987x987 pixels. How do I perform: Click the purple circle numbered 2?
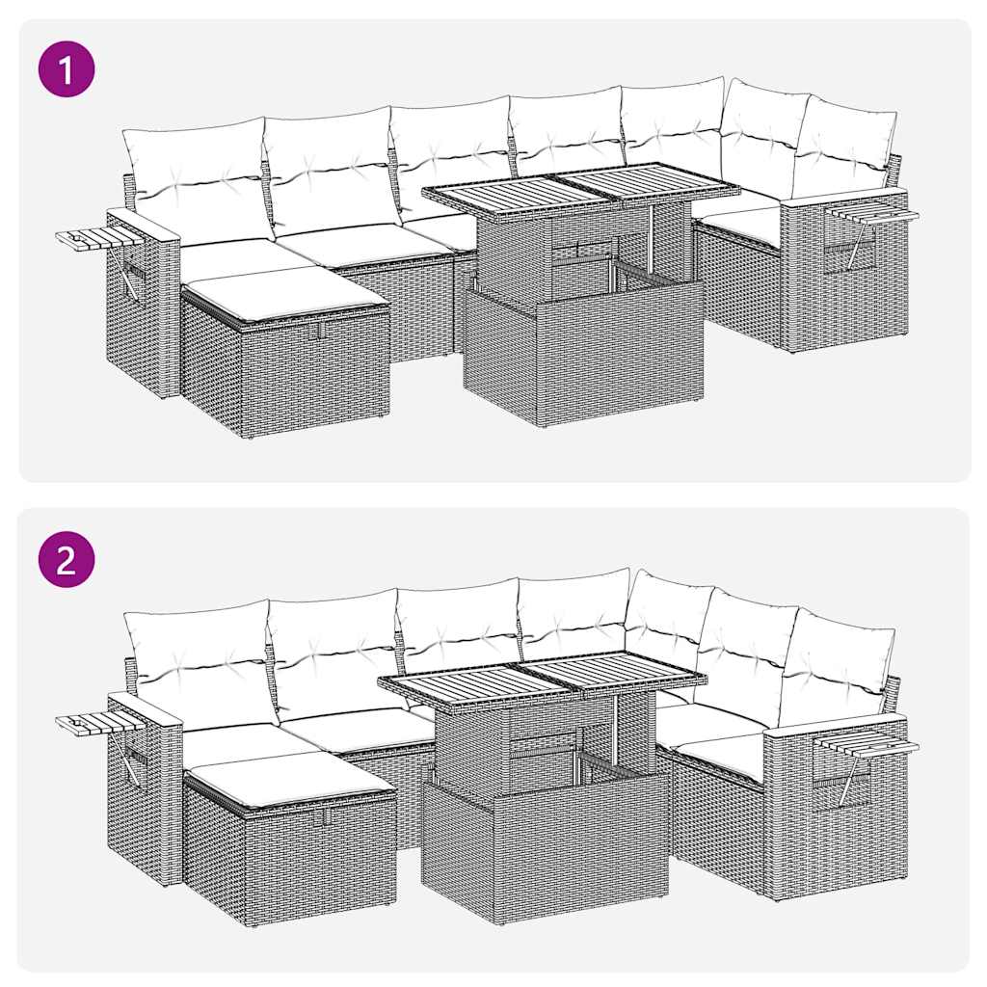67,559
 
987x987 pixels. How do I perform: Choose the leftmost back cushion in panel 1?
195,178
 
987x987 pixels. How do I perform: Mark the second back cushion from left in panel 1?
330,169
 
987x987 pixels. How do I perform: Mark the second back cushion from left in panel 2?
333,653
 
